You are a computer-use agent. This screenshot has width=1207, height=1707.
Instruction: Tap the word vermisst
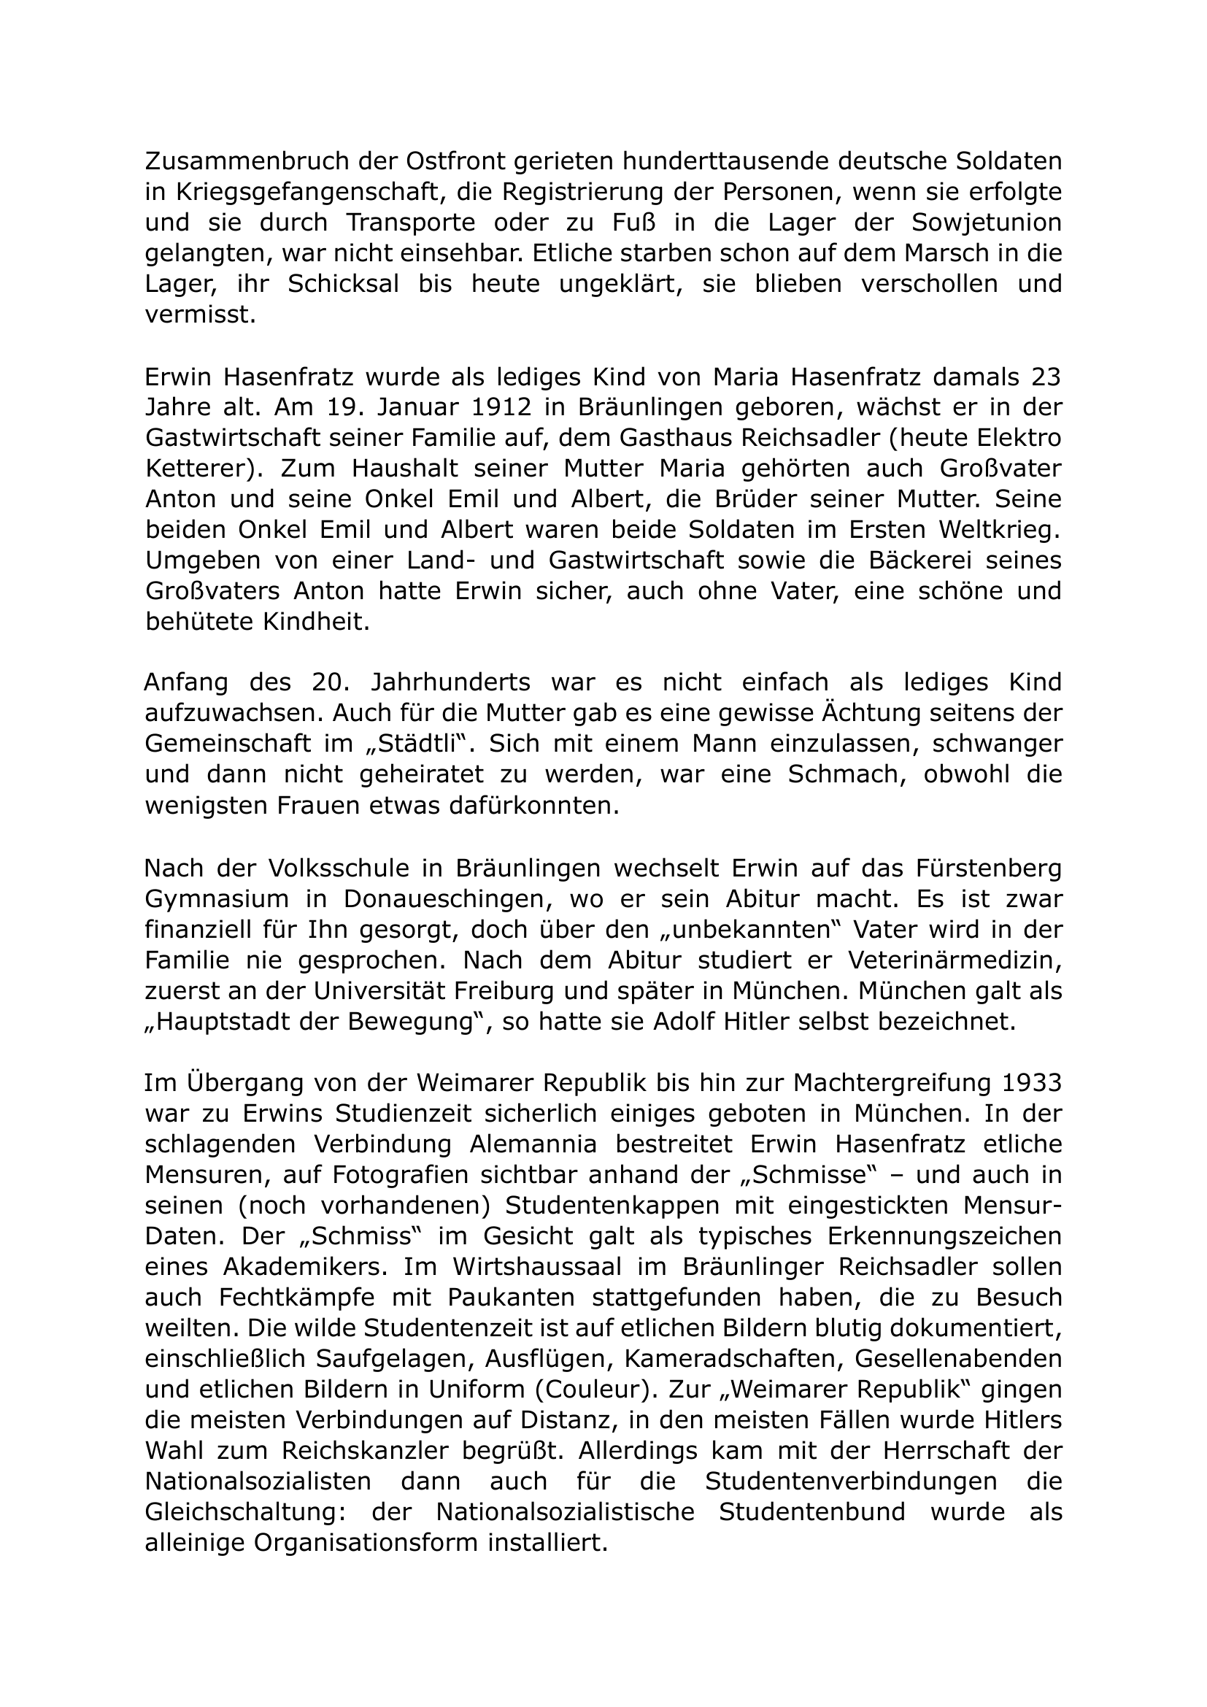pyautogui.click(x=200, y=315)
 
